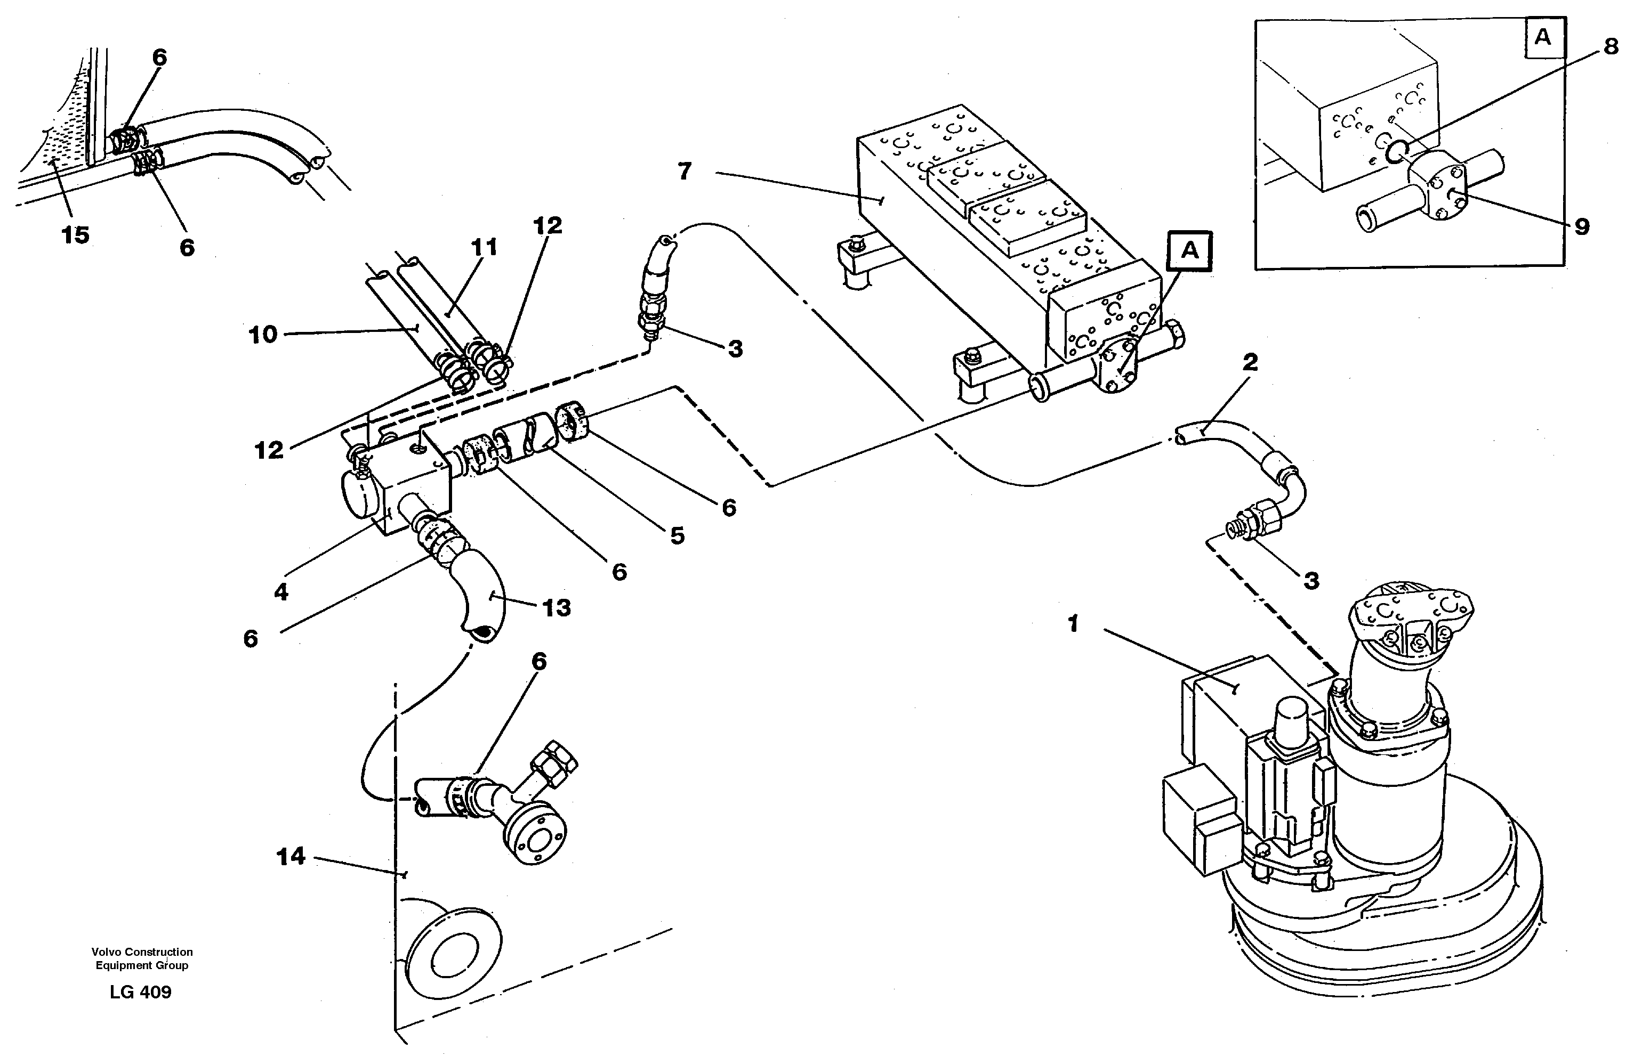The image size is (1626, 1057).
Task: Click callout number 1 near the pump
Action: pyautogui.click(x=1073, y=624)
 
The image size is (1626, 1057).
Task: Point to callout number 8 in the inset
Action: pyautogui.click(x=1611, y=47)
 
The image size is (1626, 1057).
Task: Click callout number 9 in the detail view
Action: pyautogui.click(x=1582, y=227)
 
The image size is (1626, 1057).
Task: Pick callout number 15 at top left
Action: pyautogui.click(x=75, y=235)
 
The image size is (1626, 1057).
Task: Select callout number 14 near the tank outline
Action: pyautogui.click(x=291, y=856)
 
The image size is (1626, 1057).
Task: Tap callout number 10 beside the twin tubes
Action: pyautogui.click(x=263, y=335)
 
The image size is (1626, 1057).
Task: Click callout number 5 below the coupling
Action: pyautogui.click(x=677, y=536)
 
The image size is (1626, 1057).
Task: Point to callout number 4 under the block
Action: pyautogui.click(x=281, y=592)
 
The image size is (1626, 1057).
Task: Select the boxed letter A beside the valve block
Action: pyautogui.click(x=1189, y=251)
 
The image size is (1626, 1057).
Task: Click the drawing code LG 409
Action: pyautogui.click(x=140, y=992)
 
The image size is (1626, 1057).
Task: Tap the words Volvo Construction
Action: pyautogui.click(x=142, y=952)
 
